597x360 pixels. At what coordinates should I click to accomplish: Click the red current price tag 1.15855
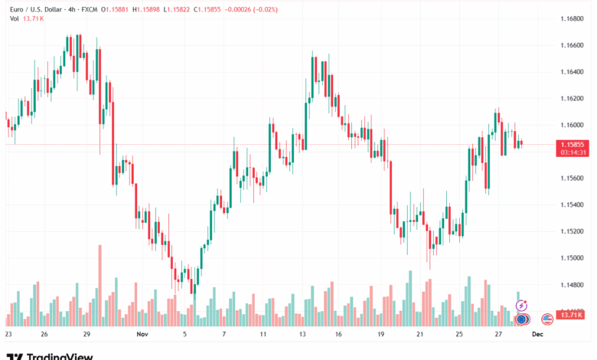pyautogui.click(x=573, y=144)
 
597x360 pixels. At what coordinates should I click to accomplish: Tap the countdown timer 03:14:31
pyautogui.click(x=573, y=152)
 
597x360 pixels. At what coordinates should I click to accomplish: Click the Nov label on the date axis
pyautogui.click(x=141, y=335)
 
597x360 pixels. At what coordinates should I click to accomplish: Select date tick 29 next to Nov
pyautogui.click(x=87, y=335)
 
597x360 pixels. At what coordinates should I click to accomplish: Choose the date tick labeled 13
pyautogui.click(x=304, y=335)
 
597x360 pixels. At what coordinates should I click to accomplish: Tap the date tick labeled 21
pyautogui.click(x=419, y=335)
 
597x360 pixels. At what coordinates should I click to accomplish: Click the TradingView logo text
pyautogui.click(x=60, y=355)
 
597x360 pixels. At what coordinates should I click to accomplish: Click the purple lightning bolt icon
pyautogui.click(x=522, y=306)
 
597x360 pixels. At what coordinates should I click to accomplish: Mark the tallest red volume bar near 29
pyautogui.click(x=99, y=286)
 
